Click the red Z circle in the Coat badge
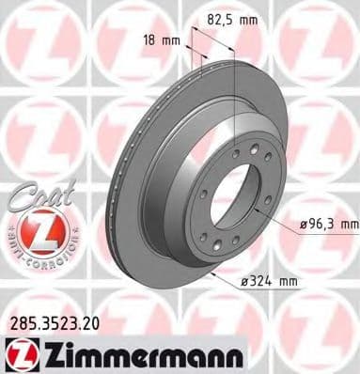pos(39,230)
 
